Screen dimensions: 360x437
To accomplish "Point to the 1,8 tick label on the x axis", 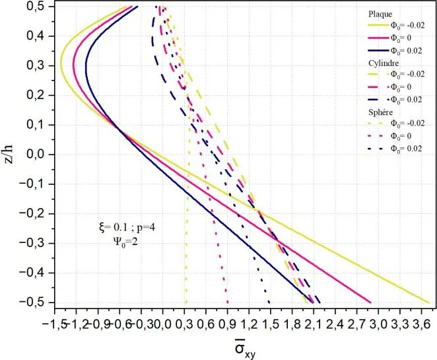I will (x=292, y=325).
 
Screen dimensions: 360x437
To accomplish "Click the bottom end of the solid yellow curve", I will (x=429, y=302).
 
